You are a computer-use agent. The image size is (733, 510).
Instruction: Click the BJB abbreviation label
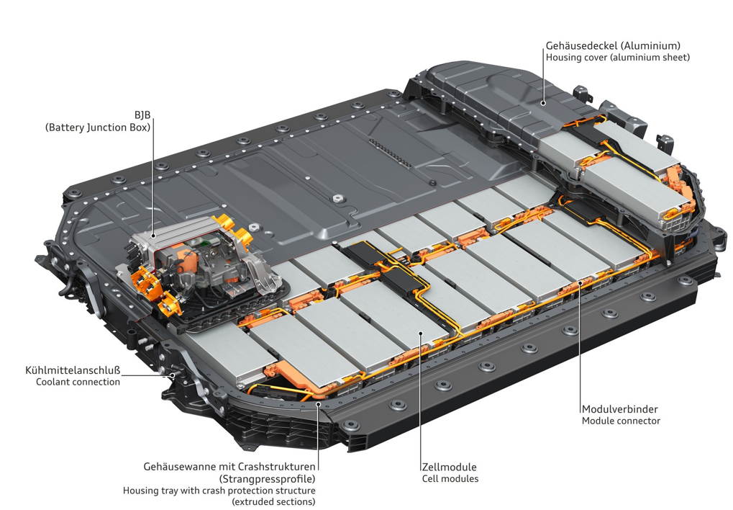tap(142, 115)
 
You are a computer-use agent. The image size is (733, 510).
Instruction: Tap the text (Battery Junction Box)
tap(98, 127)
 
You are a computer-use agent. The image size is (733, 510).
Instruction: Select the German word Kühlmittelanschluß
tap(73, 370)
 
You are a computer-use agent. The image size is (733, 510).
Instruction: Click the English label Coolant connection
tap(78, 382)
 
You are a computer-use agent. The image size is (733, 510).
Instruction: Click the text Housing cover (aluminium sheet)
tap(617, 57)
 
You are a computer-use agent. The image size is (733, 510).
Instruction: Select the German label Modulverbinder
tap(620, 409)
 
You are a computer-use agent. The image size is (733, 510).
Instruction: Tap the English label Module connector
tap(621, 421)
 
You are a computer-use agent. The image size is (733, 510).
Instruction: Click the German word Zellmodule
tap(450, 467)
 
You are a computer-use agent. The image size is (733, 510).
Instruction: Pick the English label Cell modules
tap(450, 478)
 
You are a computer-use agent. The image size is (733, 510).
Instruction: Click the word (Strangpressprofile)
tap(267, 478)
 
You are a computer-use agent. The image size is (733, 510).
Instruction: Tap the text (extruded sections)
tap(273, 501)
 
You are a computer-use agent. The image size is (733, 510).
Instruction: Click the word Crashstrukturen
tap(277, 467)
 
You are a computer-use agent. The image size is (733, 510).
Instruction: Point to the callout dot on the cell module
tap(420, 333)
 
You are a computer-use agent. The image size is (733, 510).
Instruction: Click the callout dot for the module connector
tap(580, 282)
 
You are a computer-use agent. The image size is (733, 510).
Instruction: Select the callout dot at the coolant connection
tap(172, 375)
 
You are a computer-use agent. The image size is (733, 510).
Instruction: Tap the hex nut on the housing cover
tap(336, 199)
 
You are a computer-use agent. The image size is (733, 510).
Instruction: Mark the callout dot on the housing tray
tap(317, 403)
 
